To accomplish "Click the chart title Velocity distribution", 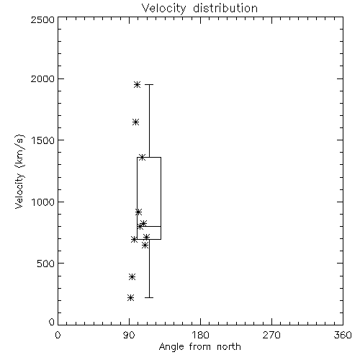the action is click(199, 8).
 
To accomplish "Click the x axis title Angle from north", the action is click(199, 347).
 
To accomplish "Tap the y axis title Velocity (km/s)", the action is click(19, 171).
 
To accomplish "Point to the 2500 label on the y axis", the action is click(42, 19).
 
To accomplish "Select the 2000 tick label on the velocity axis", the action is click(42, 78).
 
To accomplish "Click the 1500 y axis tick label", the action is click(43, 140).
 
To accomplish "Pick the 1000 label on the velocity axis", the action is click(43, 202).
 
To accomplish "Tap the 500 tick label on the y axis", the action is click(46, 264).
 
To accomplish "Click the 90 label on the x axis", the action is click(129, 335).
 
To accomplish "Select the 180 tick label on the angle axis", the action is click(200, 335).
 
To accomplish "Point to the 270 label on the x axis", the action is click(271, 335).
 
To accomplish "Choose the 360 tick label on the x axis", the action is click(343, 335).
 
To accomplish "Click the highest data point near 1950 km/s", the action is click(137, 84).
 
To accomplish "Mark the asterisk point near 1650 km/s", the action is click(135, 122).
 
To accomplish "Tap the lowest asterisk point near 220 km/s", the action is click(130, 298).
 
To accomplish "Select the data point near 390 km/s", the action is click(132, 277).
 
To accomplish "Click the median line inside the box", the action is click(149, 226).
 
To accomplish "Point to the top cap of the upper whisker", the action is click(149, 84).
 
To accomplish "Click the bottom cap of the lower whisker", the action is click(149, 297).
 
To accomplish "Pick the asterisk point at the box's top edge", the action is click(143, 158).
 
